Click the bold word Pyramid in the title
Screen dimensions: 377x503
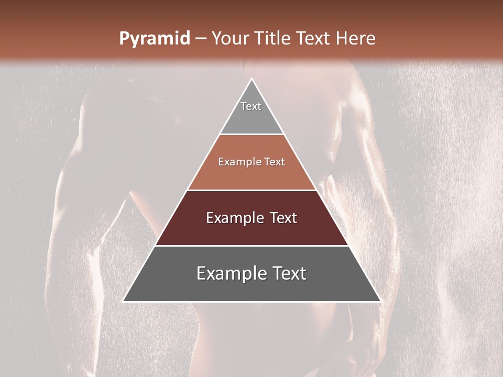point(155,39)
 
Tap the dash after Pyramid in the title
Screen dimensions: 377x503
point(201,39)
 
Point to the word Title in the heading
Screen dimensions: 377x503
point(274,39)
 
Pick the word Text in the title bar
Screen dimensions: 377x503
point(314,39)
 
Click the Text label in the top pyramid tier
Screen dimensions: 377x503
point(251,106)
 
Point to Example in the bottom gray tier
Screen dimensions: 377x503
point(229,273)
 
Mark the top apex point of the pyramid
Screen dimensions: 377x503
point(252,79)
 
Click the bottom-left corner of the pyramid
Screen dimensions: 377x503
point(123,302)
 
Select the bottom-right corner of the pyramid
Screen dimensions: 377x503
point(380,302)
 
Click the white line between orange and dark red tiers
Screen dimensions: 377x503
point(252,190)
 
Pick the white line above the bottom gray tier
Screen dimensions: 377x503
point(252,246)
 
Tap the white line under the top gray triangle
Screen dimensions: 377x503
point(252,135)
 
